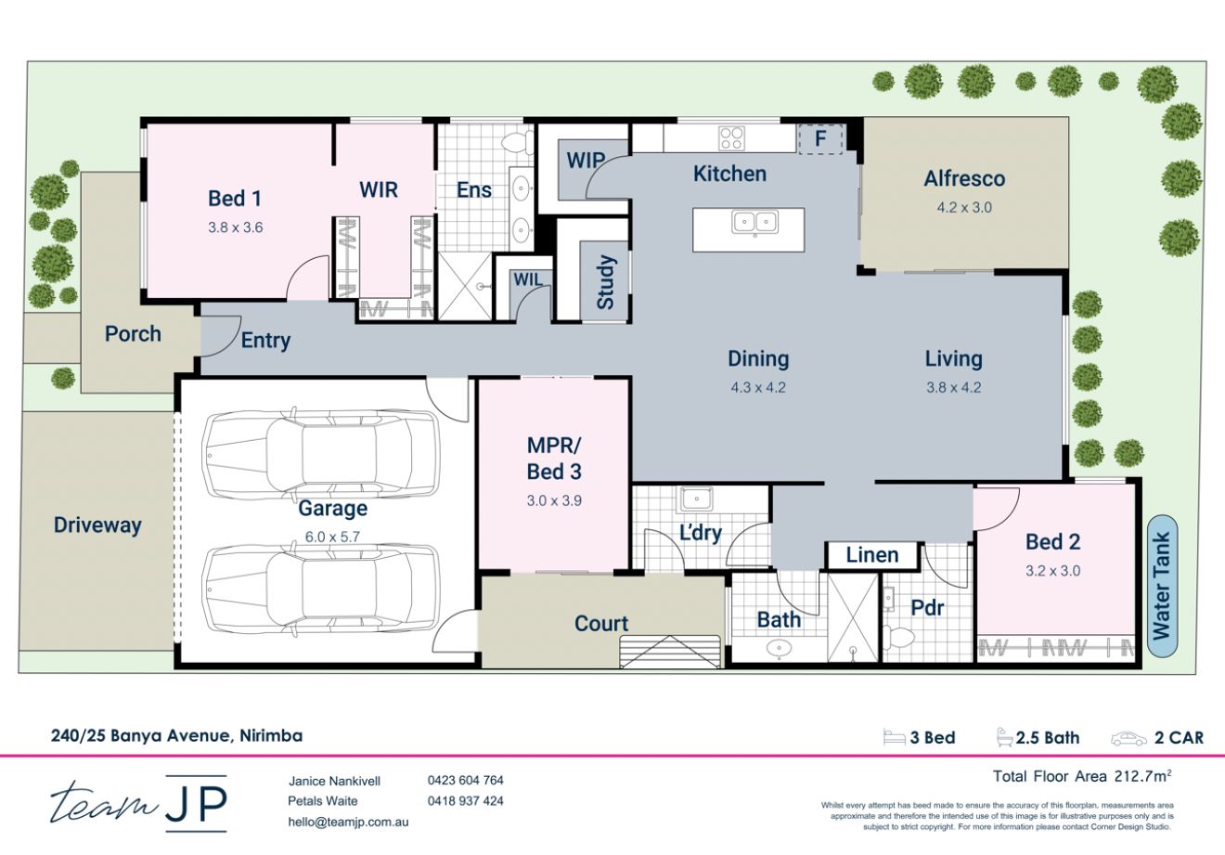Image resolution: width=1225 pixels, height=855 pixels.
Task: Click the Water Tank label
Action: [x=1161, y=585]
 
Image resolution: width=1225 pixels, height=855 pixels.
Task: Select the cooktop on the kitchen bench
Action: [x=731, y=138]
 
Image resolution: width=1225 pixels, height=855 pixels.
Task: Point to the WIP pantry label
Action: [x=586, y=161]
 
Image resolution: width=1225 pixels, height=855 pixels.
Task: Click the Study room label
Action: [x=605, y=282]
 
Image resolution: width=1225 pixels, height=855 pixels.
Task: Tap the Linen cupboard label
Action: [x=872, y=555]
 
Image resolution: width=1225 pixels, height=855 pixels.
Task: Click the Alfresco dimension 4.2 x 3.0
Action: [x=964, y=207]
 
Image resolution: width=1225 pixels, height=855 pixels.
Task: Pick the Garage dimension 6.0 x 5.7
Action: [x=331, y=537]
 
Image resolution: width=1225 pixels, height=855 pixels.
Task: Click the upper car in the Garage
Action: [x=320, y=453]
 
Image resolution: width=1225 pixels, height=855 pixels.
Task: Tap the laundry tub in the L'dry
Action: [x=693, y=499]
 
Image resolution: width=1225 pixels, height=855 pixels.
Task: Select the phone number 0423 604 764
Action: [x=465, y=781]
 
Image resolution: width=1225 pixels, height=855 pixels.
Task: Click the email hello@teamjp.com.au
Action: [x=348, y=822]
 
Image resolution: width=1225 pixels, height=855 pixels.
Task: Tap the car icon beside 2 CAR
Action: [x=1128, y=739]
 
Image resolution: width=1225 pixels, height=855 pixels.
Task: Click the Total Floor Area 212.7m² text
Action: [x=1081, y=776]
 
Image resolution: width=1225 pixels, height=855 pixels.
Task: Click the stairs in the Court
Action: [x=670, y=652]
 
